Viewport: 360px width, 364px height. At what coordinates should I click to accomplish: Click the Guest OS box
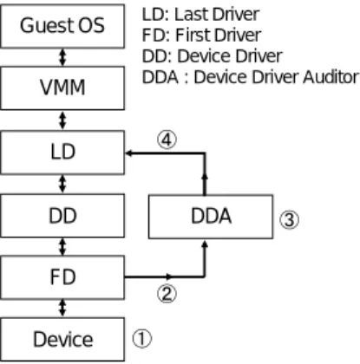pyautogui.click(x=62, y=26)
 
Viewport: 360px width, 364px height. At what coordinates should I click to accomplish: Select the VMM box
pyautogui.click(x=62, y=88)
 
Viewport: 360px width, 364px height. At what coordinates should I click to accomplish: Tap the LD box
pyautogui.click(x=62, y=153)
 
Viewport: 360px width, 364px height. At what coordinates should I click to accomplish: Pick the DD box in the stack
pyautogui.click(x=62, y=216)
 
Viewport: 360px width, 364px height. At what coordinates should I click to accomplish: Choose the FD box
pyautogui.click(x=62, y=277)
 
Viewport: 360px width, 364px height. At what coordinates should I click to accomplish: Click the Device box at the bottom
pyautogui.click(x=62, y=340)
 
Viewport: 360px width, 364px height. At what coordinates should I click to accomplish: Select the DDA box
pyautogui.click(x=211, y=217)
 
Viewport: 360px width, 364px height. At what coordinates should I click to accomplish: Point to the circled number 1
pyautogui.click(x=141, y=339)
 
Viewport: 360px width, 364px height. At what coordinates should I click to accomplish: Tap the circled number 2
pyautogui.click(x=167, y=294)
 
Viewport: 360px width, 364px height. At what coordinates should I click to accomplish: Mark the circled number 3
pyautogui.click(x=289, y=220)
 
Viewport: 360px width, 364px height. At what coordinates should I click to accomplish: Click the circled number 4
pyautogui.click(x=167, y=140)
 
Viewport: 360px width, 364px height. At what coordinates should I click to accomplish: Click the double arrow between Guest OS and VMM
pyautogui.click(x=62, y=57)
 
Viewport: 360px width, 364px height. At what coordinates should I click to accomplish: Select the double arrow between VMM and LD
pyautogui.click(x=62, y=120)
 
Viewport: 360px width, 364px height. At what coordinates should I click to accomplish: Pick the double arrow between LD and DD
pyautogui.click(x=62, y=185)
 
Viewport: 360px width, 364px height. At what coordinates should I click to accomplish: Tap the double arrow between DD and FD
pyautogui.click(x=62, y=247)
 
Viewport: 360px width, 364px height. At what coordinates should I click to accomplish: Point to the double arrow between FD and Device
pyautogui.click(x=62, y=309)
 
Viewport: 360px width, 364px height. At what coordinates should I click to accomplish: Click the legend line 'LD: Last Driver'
pyautogui.click(x=200, y=15)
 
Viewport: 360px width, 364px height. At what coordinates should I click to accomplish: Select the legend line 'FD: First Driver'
pyautogui.click(x=201, y=36)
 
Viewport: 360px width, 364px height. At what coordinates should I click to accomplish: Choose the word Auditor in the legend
pyautogui.click(x=331, y=77)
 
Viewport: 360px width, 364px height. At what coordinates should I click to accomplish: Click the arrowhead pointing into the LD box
pyautogui.click(x=128, y=153)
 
